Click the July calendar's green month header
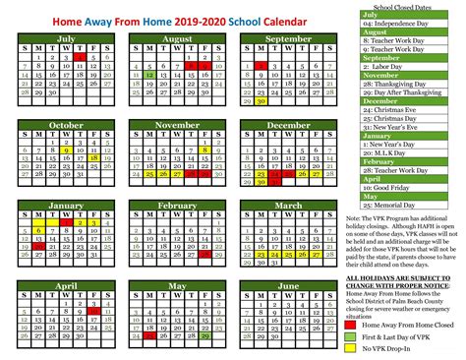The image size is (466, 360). [x=68, y=37]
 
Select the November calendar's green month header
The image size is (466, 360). [x=177, y=125]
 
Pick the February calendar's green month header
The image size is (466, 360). [x=178, y=206]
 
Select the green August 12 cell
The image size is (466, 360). [x=147, y=74]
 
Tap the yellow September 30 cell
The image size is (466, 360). [x=261, y=100]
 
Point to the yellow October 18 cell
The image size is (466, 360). [x=92, y=155]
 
